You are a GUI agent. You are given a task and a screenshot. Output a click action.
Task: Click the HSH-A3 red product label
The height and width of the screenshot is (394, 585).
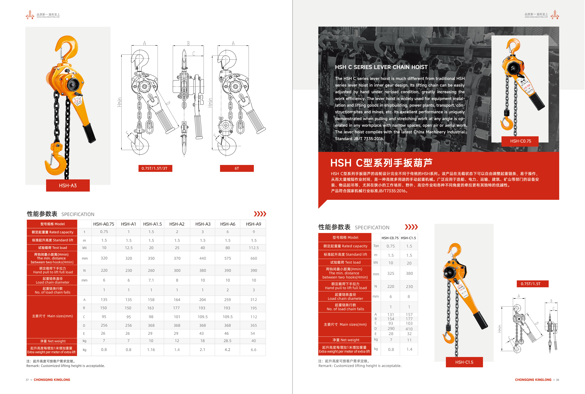tap(68, 185)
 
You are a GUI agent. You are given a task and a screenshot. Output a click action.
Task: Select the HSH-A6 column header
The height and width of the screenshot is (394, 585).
tap(228, 224)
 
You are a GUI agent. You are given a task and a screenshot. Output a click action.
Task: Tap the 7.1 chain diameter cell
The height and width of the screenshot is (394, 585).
tap(151, 280)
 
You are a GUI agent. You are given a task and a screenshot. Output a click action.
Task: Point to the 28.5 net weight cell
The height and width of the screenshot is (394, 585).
tap(227, 341)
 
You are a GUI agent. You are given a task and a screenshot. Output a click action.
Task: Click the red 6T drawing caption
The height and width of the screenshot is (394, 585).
tap(237, 168)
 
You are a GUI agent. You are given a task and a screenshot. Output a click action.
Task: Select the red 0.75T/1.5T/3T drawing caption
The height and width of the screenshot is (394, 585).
tap(155, 168)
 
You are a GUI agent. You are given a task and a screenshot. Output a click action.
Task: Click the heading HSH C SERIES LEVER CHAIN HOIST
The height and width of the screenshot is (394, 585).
tap(381, 67)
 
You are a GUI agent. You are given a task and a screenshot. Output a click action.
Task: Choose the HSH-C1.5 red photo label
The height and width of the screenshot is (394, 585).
tap(464, 362)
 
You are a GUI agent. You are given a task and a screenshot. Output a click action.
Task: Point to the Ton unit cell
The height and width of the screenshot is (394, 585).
tap(376, 246)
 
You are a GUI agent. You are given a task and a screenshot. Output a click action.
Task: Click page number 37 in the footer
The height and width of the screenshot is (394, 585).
tap(27, 380)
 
